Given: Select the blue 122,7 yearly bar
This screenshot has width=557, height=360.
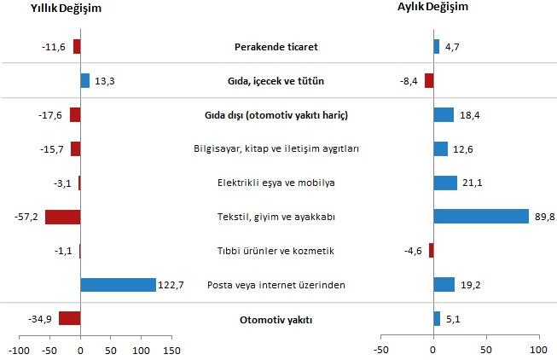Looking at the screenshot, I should pos(118,284).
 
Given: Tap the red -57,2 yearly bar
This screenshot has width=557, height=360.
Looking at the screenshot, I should pos(62,217).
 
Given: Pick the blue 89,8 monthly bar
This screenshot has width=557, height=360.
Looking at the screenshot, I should pos(481,217).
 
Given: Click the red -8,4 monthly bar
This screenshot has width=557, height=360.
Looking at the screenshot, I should pos(429,81).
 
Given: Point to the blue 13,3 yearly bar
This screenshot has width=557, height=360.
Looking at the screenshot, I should pos(84,81).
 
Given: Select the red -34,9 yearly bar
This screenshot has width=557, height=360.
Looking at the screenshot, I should pos(70,319).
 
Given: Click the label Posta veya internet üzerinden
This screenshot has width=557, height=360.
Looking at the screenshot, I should pos(277,285).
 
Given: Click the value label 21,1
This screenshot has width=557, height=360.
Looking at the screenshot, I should pos(473,183).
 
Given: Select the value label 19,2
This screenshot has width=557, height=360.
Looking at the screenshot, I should pos(470,285).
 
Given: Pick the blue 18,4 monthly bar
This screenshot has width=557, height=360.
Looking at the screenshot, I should pos(444,115).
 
